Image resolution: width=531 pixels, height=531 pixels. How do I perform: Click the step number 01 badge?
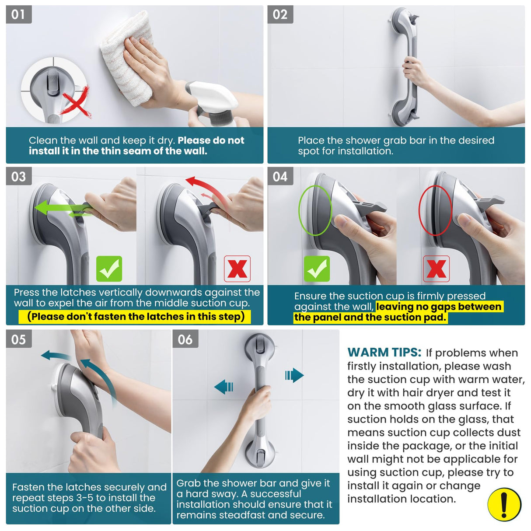(x=18, y=14)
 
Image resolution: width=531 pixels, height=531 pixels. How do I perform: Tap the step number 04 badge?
(x=280, y=176)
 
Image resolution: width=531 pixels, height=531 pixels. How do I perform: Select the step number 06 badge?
(x=185, y=339)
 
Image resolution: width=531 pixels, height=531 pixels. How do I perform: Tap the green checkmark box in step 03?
(x=109, y=269)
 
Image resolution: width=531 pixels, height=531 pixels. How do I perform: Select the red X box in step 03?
(x=237, y=269)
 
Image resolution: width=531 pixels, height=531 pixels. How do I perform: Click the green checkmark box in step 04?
(x=317, y=269)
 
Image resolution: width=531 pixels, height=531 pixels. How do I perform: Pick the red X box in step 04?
(x=436, y=269)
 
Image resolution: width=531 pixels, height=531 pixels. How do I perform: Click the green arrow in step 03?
(x=61, y=207)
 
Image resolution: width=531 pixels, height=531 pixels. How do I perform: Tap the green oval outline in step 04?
(x=315, y=210)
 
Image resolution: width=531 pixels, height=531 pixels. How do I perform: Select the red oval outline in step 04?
(x=435, y=210)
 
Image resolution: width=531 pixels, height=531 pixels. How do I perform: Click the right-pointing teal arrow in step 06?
(x=294, y=375)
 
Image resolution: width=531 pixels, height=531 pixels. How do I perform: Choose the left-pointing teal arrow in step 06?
(x=224, y=387)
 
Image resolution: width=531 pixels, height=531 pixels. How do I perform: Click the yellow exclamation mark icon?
(x=504, y=504)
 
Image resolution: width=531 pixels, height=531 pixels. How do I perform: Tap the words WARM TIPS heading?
(x=384, y=353)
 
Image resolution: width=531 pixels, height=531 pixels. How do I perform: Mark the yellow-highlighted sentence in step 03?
(x=135, y=316)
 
